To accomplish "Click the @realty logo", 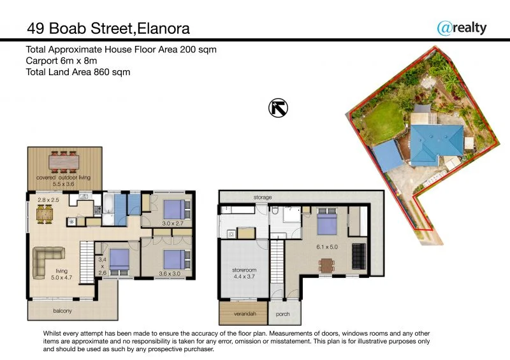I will pyautogui.click(x=462, y=27).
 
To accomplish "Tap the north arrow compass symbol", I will pyautogui.click(x=278, y=108).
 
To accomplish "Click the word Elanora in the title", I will pyautogui.click(x=159, y=28).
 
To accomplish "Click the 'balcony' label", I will pyautogui.click(x=62, y=311).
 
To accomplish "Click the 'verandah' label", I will pyautogui.click(x=242, y=313).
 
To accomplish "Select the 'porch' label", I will pyautogui.click(x=283, y=314).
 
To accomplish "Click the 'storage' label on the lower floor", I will pyautogui.click(x=263, y=198).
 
